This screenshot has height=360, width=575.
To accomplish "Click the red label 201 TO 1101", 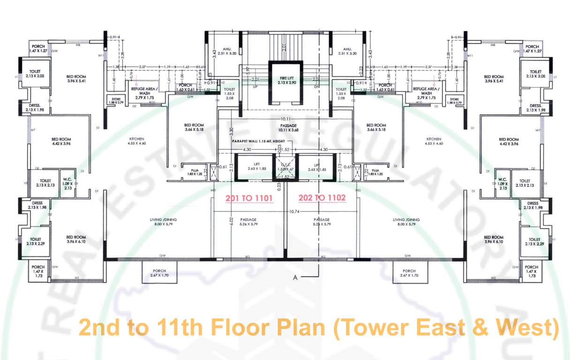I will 249,198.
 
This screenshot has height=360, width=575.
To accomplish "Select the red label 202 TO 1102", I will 322,198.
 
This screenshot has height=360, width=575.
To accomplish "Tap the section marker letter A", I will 295,277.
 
